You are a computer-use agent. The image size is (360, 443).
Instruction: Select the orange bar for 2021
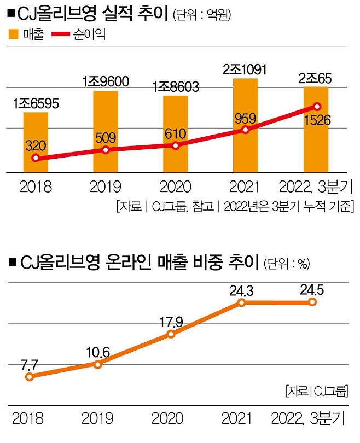click(x=246, y=126)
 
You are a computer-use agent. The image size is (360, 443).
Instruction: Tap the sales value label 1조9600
click(x=106, y=82)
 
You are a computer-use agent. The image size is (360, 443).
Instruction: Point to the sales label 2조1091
click(x=246, y=69)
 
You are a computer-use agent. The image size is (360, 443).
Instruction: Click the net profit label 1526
click(x=317, y=120)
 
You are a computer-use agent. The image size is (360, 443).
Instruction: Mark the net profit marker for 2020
click(x=175, y=146)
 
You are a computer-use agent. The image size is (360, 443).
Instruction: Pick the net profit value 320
click(x=36, y=145)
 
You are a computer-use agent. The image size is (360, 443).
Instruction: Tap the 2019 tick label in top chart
click(x=106, y=187)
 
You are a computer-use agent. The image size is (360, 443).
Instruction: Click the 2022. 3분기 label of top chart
click(x=316, y=187)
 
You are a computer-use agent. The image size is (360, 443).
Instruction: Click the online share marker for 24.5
click(x=312, y=302)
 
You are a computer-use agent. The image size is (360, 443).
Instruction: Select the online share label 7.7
click(x=30, y=363)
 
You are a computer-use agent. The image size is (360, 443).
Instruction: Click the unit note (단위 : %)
click(x=286, y=264)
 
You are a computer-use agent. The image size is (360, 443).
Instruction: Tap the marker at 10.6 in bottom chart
click(x=97, y=364)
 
